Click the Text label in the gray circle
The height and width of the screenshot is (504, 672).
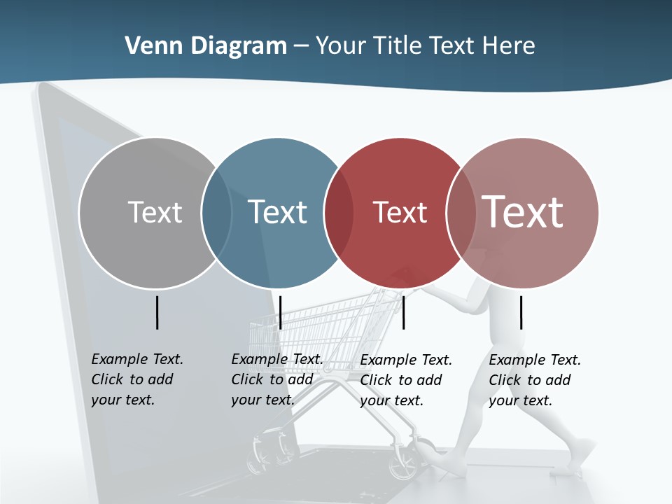[155, 212]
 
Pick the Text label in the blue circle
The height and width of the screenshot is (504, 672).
[278, 212]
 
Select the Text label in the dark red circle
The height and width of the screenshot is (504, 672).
[400, 213]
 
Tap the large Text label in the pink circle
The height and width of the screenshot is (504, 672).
[523, 212]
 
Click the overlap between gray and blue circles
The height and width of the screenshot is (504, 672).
[217, 213]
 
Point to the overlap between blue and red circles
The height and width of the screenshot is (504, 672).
[339, 213]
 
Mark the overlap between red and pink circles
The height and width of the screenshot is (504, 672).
[461, 213]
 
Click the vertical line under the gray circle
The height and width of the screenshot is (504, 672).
[157, 312]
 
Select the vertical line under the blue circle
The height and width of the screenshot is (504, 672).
[280, 312]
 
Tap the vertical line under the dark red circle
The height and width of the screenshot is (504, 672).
[403, 312]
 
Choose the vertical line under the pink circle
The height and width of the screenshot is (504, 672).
[521, 312]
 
